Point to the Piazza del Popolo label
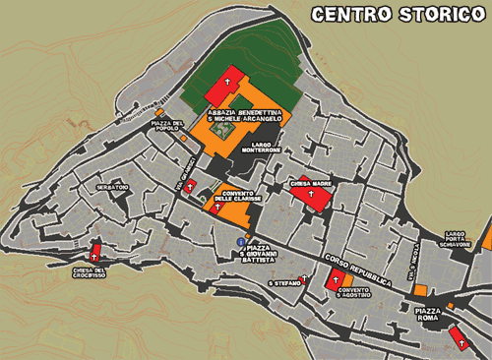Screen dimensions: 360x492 (167, 125)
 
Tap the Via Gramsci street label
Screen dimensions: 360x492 (181, 173)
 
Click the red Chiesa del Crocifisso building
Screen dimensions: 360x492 (96, 254)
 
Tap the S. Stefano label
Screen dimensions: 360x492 (283, 283)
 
